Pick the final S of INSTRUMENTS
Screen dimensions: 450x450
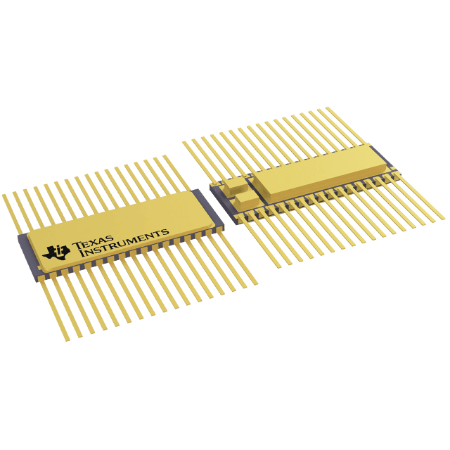[x=166, y=231]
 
